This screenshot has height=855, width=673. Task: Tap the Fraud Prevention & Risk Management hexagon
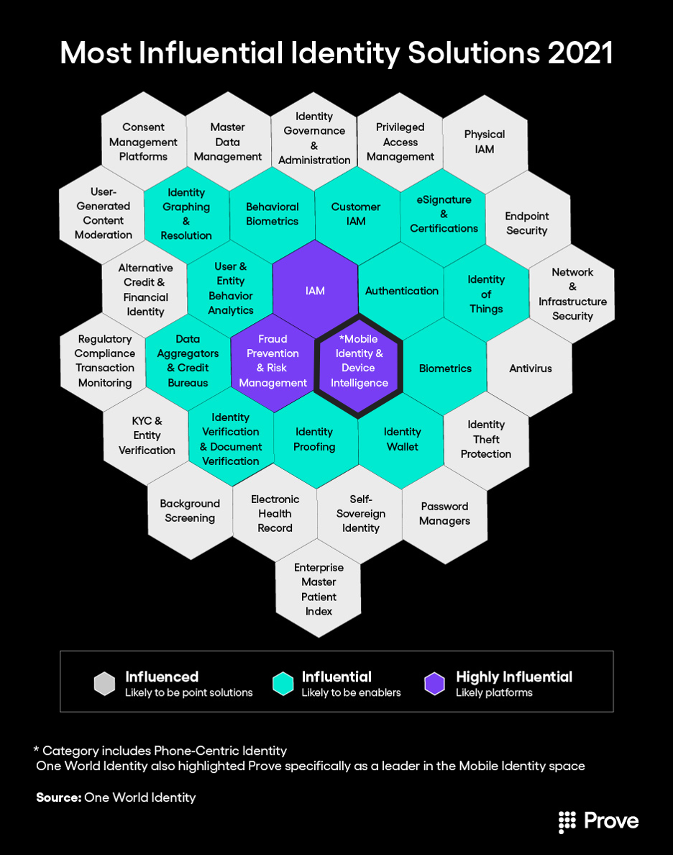pyautogui.click(x=273, y=361)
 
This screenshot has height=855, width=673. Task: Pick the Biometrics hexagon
pyautogui.click(x=445, y=368)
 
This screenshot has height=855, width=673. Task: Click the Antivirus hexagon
pyautogui.click(x=531, y=368)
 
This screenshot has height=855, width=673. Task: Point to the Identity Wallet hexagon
pyautogui.click(x=402, y=439)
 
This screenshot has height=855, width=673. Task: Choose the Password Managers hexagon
pyautogui.click(x=444, y=513)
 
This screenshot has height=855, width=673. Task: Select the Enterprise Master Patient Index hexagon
pyautogui.click(x=319, y=589)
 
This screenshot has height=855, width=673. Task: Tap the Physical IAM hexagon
pyautogui.click(x=485, y=142)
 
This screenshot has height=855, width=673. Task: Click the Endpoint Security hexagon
pyautogui.click(x=527, y=223)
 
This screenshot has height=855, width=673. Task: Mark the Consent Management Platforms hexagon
pyautogui.click(x=144, y=142)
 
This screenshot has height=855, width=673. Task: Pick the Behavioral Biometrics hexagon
pyautogui.click(x=272, y=214)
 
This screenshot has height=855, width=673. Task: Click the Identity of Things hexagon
pyautogui.click(x=486, y=294)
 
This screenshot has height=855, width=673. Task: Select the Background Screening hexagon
pyautogui.click(x=190, y=511)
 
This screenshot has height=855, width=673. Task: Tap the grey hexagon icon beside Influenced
pyautogui.click(x=104, y=684)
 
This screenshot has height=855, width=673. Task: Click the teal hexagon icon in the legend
pyautogui.click(x=283, y=684)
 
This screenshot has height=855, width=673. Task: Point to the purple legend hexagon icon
pyautogui.click(x=434, y=684)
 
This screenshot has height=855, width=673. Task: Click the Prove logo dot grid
pyautogui.click(x=568, y=821)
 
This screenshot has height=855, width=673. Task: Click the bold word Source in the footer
pyautogui.click(x=58, y=797)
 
